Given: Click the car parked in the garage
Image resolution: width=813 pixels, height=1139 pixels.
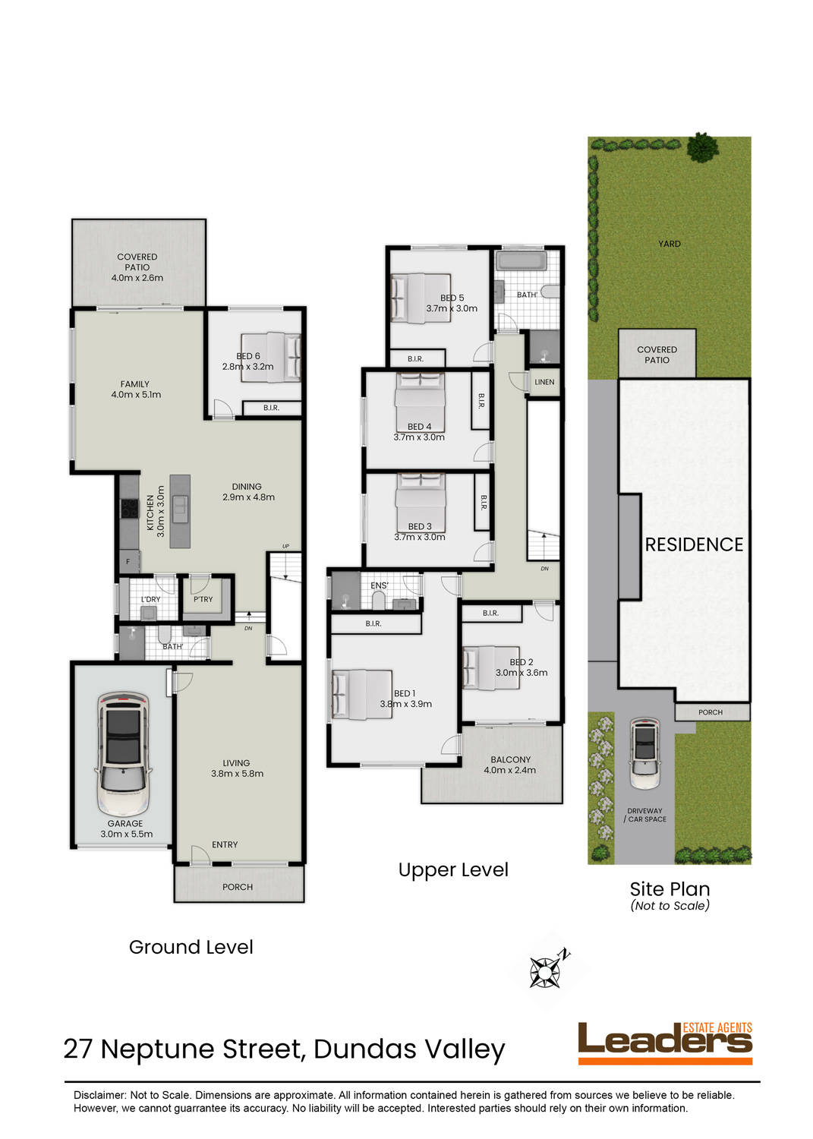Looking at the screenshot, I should click(x=122, y=753).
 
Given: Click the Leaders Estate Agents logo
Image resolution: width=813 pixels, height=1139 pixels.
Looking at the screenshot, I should click(x=665, y=1043).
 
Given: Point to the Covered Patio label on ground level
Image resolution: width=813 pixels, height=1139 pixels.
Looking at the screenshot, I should click(x=137, y=267).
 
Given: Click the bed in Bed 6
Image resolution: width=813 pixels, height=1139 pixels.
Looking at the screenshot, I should click(x=271, y=356).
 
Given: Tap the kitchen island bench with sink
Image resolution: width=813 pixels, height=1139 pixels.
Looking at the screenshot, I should click(x=180, y=510).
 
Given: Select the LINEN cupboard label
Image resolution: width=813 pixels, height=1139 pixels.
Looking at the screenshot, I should click(x=544, y=382).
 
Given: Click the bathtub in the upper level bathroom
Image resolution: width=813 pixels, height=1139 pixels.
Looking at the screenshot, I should click(x=521, y=262).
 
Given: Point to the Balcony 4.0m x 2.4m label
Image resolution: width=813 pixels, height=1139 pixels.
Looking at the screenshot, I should click(x=510, y=765).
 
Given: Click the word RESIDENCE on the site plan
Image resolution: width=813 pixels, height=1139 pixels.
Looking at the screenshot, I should click(x=694, y=544).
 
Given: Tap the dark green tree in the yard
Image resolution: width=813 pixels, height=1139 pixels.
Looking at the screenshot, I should click(x=702, y=147).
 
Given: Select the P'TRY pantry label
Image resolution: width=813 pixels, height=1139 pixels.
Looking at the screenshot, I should click(x=203, y=599).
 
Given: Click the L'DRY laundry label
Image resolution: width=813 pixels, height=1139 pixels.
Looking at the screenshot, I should click(x=150, y=599).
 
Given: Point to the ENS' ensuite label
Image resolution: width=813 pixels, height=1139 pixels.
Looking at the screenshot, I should click(x=379, y=585).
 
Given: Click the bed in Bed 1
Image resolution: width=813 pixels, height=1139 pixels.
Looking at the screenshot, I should click(x=362, y=694).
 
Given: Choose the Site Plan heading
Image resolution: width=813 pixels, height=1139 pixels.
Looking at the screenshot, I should click(x=670, y=888).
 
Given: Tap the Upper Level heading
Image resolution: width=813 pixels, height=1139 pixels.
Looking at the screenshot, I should click(x=453, y=869).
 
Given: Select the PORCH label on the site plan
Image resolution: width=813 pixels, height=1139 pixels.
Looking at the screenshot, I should click(x=711, y=712).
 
